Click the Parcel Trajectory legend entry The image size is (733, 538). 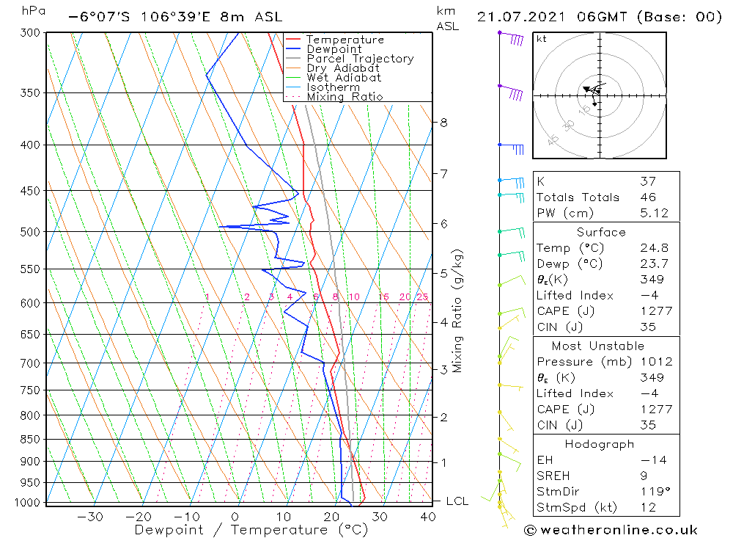pos(360,59)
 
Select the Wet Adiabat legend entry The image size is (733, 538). pos(344,78)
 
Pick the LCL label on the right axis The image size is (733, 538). pos(457,501)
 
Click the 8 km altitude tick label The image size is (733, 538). pos(443,123)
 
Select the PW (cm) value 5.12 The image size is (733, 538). pos(652,213)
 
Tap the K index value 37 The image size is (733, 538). pos(647,181)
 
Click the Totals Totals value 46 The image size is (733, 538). pos(647,197)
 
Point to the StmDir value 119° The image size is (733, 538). pos(652,492)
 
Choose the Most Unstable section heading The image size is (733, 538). pos(598,346)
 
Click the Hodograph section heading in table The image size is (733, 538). pos(600,444)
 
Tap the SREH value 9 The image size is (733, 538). pos(644,476)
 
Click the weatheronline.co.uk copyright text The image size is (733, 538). pos(611,530)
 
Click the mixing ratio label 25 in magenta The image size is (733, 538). pos(422,297)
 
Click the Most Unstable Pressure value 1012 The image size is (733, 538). pos(652,362)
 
